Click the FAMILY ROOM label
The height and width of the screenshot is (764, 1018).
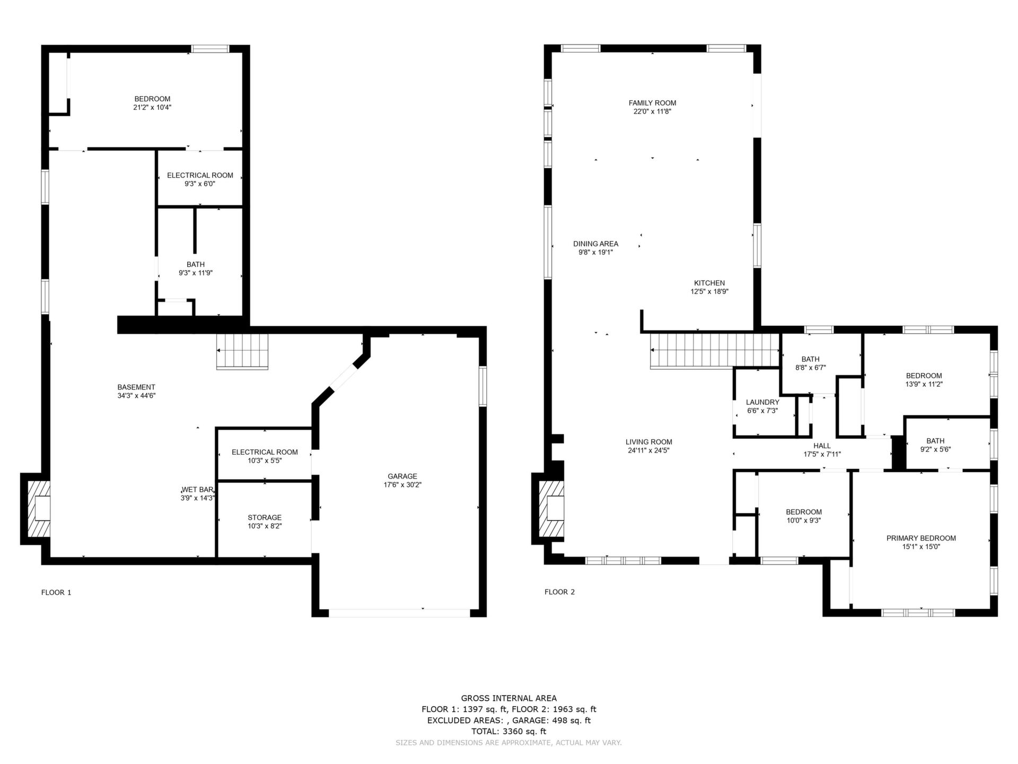tap(652, 103)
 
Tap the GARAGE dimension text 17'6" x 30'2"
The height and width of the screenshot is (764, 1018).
tap(402, 485)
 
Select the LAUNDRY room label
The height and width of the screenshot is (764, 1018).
tap(762, 402)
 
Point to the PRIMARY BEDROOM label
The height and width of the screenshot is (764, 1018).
tap(921, 538)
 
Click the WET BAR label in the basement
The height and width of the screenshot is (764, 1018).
tap(197, 489)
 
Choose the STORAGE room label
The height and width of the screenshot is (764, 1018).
tap(265, 517)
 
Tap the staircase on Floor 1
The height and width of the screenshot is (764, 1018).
tap(242, 351)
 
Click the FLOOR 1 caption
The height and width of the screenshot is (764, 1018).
tap(56, 592)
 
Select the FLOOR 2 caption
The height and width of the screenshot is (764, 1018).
tap(559, 592)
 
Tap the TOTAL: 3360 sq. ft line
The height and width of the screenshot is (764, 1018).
tap(508, 731)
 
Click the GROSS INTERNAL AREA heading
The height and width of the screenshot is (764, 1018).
tap(509, 698)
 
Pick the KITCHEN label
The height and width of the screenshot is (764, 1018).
tap(709, 283)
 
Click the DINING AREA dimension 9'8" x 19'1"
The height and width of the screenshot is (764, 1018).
tap(595, 253)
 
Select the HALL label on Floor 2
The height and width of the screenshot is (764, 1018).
tap(822, 446)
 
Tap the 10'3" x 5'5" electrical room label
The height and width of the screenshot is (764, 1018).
tap(265, 461)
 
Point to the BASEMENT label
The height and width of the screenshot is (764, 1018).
tap(136, 387)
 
